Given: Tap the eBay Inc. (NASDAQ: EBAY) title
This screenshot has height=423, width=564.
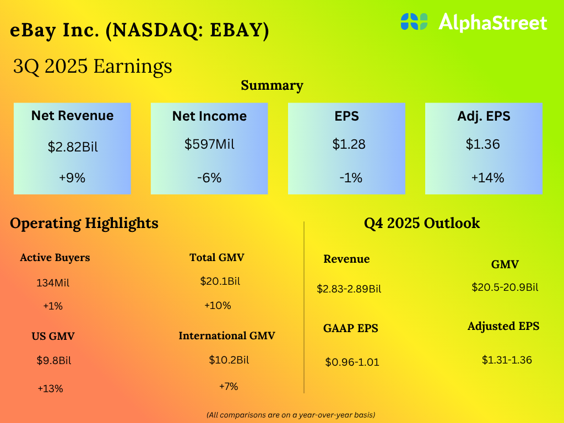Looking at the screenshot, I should tap(139, 31).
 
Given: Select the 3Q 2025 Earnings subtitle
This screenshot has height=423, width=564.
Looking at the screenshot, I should tap(93, 66).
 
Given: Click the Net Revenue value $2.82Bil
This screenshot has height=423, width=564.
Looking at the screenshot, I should tap(72, 147).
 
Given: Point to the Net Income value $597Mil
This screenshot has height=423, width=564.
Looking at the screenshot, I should tap(209, 144).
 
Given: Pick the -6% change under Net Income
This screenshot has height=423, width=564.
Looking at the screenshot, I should tap(209, 178).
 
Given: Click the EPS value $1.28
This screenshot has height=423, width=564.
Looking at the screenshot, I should tap(349, 144).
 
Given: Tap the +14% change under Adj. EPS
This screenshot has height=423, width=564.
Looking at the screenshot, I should tap(487, 178).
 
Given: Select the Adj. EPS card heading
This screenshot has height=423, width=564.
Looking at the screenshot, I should tap(484, 116).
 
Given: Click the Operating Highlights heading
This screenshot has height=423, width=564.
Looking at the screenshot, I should tap(84, 223).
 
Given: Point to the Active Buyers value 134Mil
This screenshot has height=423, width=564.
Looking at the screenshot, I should tap(53, 284).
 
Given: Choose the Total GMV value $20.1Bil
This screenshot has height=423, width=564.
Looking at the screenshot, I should tap(220, 281).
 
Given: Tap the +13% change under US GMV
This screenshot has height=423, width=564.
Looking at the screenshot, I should tap(50, 388).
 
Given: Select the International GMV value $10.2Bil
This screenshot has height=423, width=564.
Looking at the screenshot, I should tap(229, 360).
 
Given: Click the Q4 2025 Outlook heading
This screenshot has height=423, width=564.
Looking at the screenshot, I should tap(422, 223).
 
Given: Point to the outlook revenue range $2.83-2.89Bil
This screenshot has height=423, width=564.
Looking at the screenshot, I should tap(349, 289).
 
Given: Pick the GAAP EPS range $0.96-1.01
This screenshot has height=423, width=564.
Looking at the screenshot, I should tap(352, 362).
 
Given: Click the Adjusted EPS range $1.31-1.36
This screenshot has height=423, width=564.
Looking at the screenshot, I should tap(507, 360).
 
